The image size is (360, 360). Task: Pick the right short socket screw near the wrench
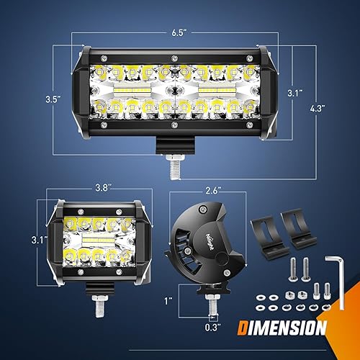(x=327, y=289)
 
